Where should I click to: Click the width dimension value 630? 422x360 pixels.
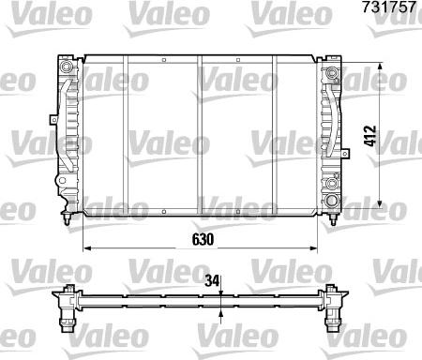coord(204,240)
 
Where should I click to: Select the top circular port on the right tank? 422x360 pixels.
coord(331,73)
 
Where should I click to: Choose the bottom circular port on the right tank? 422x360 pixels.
coord(331,202)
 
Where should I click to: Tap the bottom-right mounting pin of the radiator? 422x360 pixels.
coord(334,218)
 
